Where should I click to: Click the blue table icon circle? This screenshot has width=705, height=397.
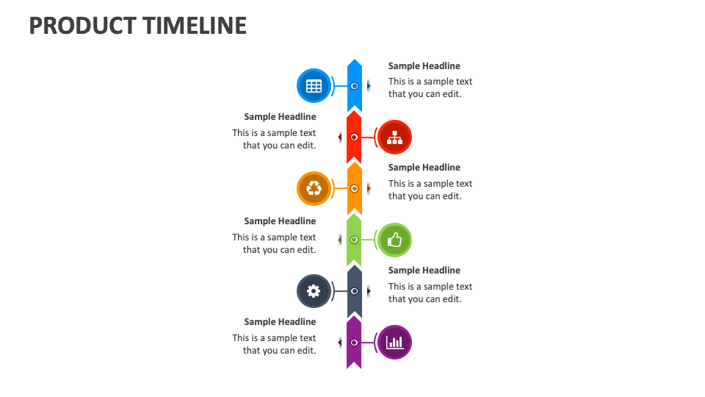point(314,86)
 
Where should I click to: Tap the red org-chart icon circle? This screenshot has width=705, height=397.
point(394,137)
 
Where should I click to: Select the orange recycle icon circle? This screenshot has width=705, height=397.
point(314,188)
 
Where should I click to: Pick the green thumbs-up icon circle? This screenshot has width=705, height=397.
point(394,240)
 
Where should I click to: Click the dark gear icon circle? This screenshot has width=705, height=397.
point(314,291)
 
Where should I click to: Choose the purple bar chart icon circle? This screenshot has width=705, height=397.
point(394,342)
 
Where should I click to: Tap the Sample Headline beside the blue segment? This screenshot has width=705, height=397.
point(424,66)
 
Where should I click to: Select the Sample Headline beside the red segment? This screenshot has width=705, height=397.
point(280,117)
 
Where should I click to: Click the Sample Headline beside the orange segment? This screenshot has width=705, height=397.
point(424,168)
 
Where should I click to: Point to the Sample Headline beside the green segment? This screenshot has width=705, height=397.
point(280,221)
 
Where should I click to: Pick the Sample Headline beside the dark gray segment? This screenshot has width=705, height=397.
point(424,271)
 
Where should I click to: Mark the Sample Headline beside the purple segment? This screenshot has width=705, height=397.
point(280,322)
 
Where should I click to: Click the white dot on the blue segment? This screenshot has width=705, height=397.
point(354,86)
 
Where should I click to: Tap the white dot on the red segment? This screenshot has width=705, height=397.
point(354,137)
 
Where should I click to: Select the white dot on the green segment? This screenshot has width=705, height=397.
point(354,240)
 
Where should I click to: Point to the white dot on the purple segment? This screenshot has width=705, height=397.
point(354,342)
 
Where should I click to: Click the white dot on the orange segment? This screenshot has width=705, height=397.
point(354,188)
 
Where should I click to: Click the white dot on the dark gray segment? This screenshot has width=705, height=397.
point(354,291)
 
